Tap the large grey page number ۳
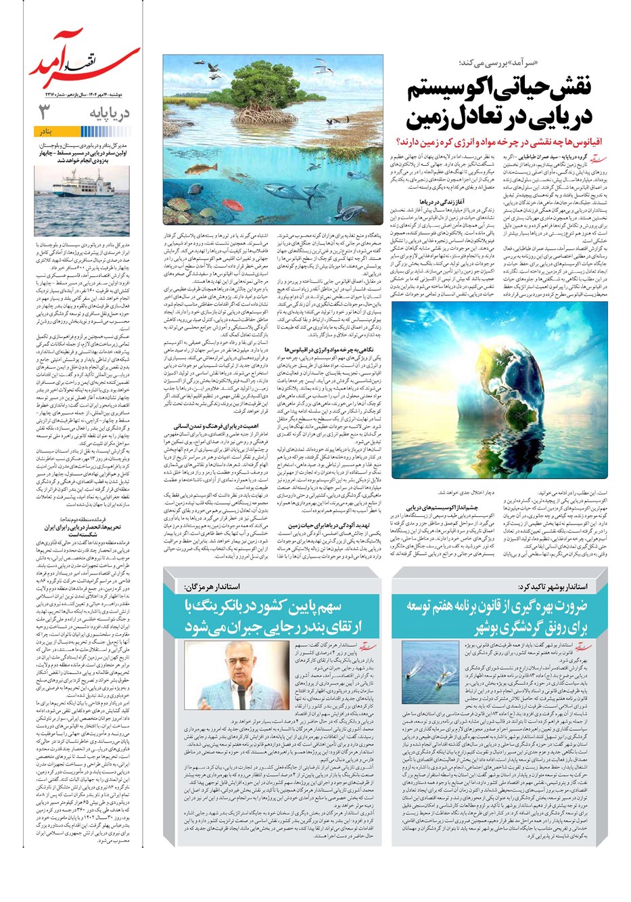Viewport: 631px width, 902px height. click(45, 111)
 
